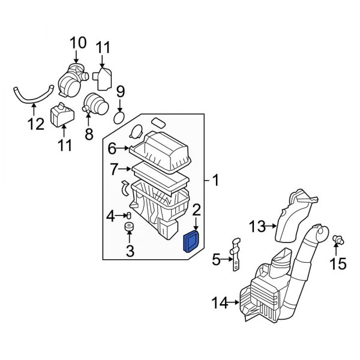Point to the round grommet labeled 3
[x=128, y=229]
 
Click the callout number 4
[x=110, y=215]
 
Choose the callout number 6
[x=112, y=148]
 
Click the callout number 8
[x=89, y=134]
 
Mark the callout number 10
[x=78, y=43]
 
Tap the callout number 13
[x=257, y=226]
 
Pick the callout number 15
[x=339, y=263]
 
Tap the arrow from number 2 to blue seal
[x=196, y=224]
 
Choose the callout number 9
[x=120, y=92]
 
